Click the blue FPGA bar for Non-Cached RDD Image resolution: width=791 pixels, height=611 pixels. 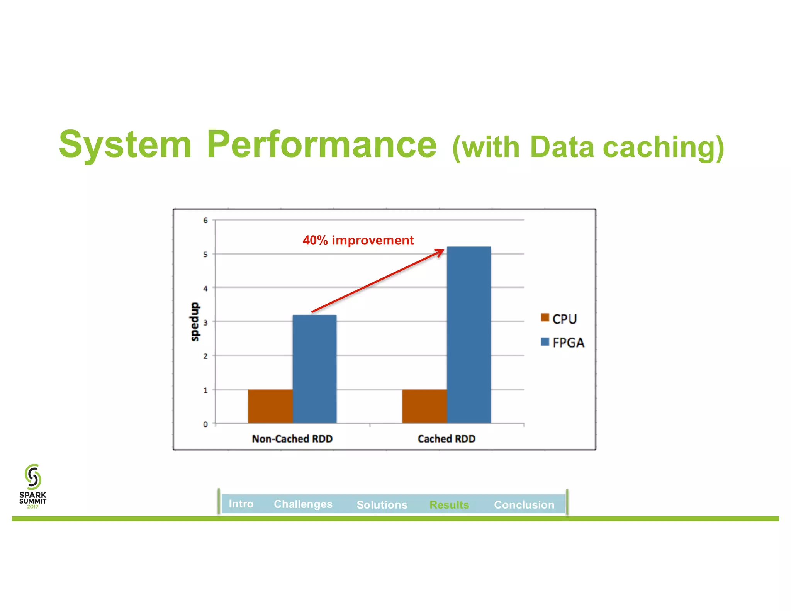pos(314,369)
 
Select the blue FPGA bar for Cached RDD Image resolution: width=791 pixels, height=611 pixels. pos(469,334)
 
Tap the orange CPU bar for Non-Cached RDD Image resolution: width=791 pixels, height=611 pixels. pos(270,406)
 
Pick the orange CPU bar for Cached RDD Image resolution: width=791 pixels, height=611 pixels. pos(424,406)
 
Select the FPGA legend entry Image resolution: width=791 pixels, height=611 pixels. pos(563,343)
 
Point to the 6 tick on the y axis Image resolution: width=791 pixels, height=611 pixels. pos(205,221)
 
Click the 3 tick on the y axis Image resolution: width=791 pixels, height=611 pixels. pos(205,322)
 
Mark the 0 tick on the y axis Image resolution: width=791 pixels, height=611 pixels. pos(205,424)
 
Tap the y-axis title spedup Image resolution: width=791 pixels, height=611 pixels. pos(195,322)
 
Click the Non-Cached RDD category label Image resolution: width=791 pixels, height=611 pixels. pos(292,439)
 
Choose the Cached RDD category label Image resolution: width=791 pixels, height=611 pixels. pos(446,439)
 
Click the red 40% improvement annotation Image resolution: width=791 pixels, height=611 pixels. pos(358,240)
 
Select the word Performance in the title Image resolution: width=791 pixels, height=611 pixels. pos(321,144)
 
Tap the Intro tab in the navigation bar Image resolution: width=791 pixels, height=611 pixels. pos(241,504)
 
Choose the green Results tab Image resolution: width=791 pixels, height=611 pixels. pos(449,504)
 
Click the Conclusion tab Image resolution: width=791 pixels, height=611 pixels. pos(524,504)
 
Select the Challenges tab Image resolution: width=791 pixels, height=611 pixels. pos(303,504)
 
